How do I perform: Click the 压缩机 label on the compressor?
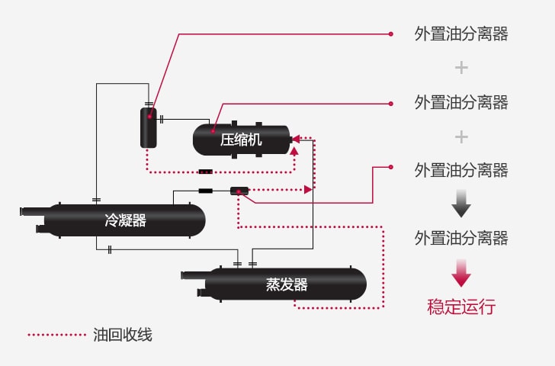[x=241, y=140]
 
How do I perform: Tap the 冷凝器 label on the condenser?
[x=126, y=221]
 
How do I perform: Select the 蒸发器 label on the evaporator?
[x=287, y=284]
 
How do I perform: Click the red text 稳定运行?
[x=461, y=307]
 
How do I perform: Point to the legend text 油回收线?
[x=123, y=334]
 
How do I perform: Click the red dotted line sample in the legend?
[x=57, y=334]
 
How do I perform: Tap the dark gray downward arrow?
[x=461, y=204]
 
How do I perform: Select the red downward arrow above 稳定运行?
[x=461, y=272]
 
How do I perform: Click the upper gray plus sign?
[x=461, y=68]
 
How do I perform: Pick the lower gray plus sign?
[x=461, y=136]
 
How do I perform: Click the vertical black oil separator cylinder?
[x=149, y=127]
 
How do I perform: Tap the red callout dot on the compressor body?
[x=214, y=130]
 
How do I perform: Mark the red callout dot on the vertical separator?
[x=149, y=117]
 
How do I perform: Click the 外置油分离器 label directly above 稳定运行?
[x=461, y=239]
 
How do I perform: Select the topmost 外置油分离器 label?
[x=461, y=34]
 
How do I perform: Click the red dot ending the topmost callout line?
[x=391, y=34]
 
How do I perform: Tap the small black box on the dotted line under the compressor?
[x=205, y=172]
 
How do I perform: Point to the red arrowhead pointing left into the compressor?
[x=297, y=138]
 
